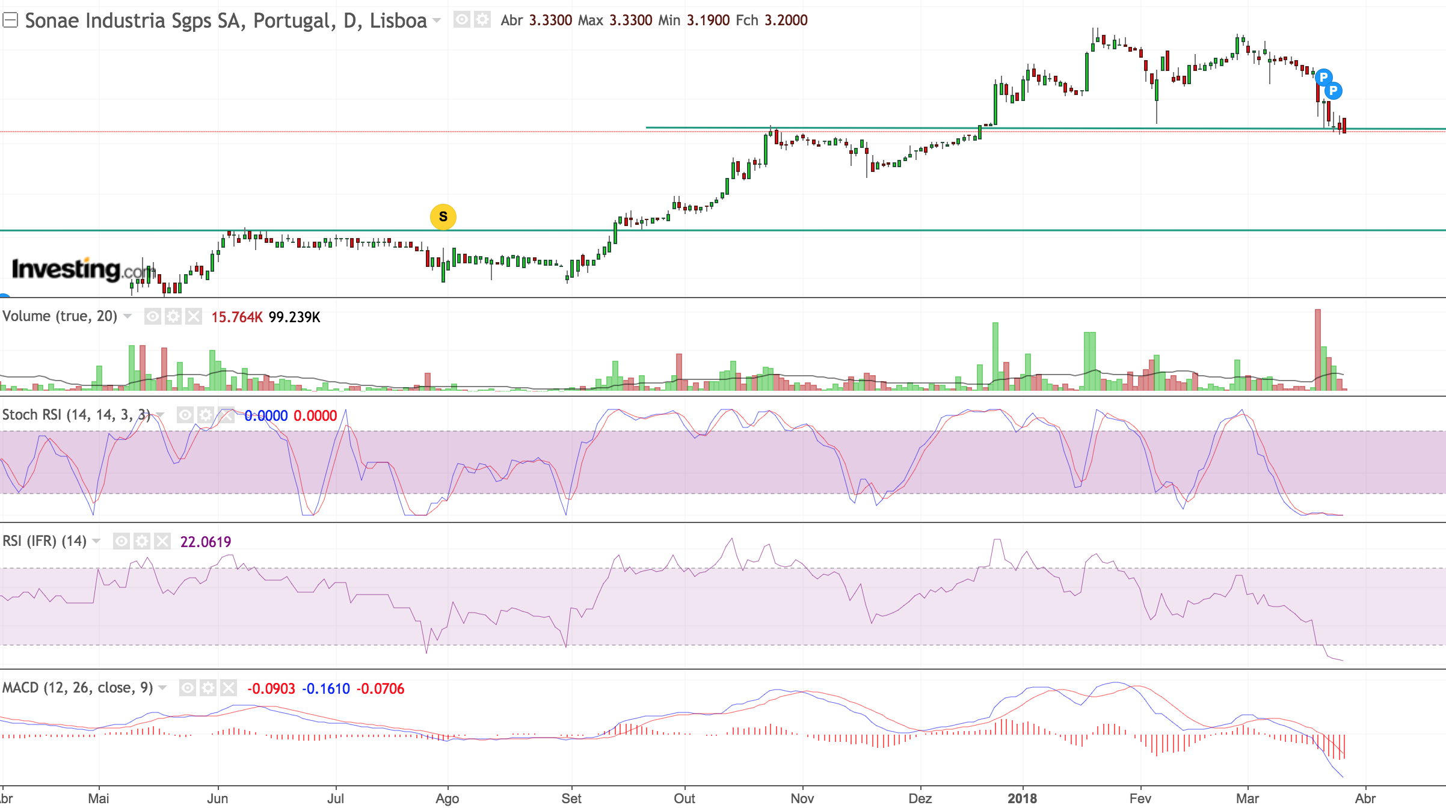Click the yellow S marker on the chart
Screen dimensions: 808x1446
pos(443,217)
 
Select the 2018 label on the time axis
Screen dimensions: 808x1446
pos(1022,798)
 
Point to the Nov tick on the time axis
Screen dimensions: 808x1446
pos(802,798)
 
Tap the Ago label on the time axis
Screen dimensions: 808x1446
pos(447,798)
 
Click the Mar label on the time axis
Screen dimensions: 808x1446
pos(1248,798)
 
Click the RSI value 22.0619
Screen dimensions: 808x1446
pos(206,542)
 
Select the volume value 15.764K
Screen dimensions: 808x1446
pos(237,317)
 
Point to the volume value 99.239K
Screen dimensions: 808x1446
pos(294,317)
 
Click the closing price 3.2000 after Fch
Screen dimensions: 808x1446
pos(786,20)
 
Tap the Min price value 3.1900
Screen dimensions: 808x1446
pos(708,20)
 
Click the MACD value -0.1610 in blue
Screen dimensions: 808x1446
pos(325,688)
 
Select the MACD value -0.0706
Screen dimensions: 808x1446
pos(380,688)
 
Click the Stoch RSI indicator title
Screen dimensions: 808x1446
pos(76,415)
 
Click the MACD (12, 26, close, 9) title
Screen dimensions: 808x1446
pos(78,688)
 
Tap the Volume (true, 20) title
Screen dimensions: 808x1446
pos(60,316)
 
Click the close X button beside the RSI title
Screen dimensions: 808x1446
pos(162,541)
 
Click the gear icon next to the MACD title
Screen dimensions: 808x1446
pos(208,688)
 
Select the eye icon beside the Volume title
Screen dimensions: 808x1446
pos(153,316)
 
